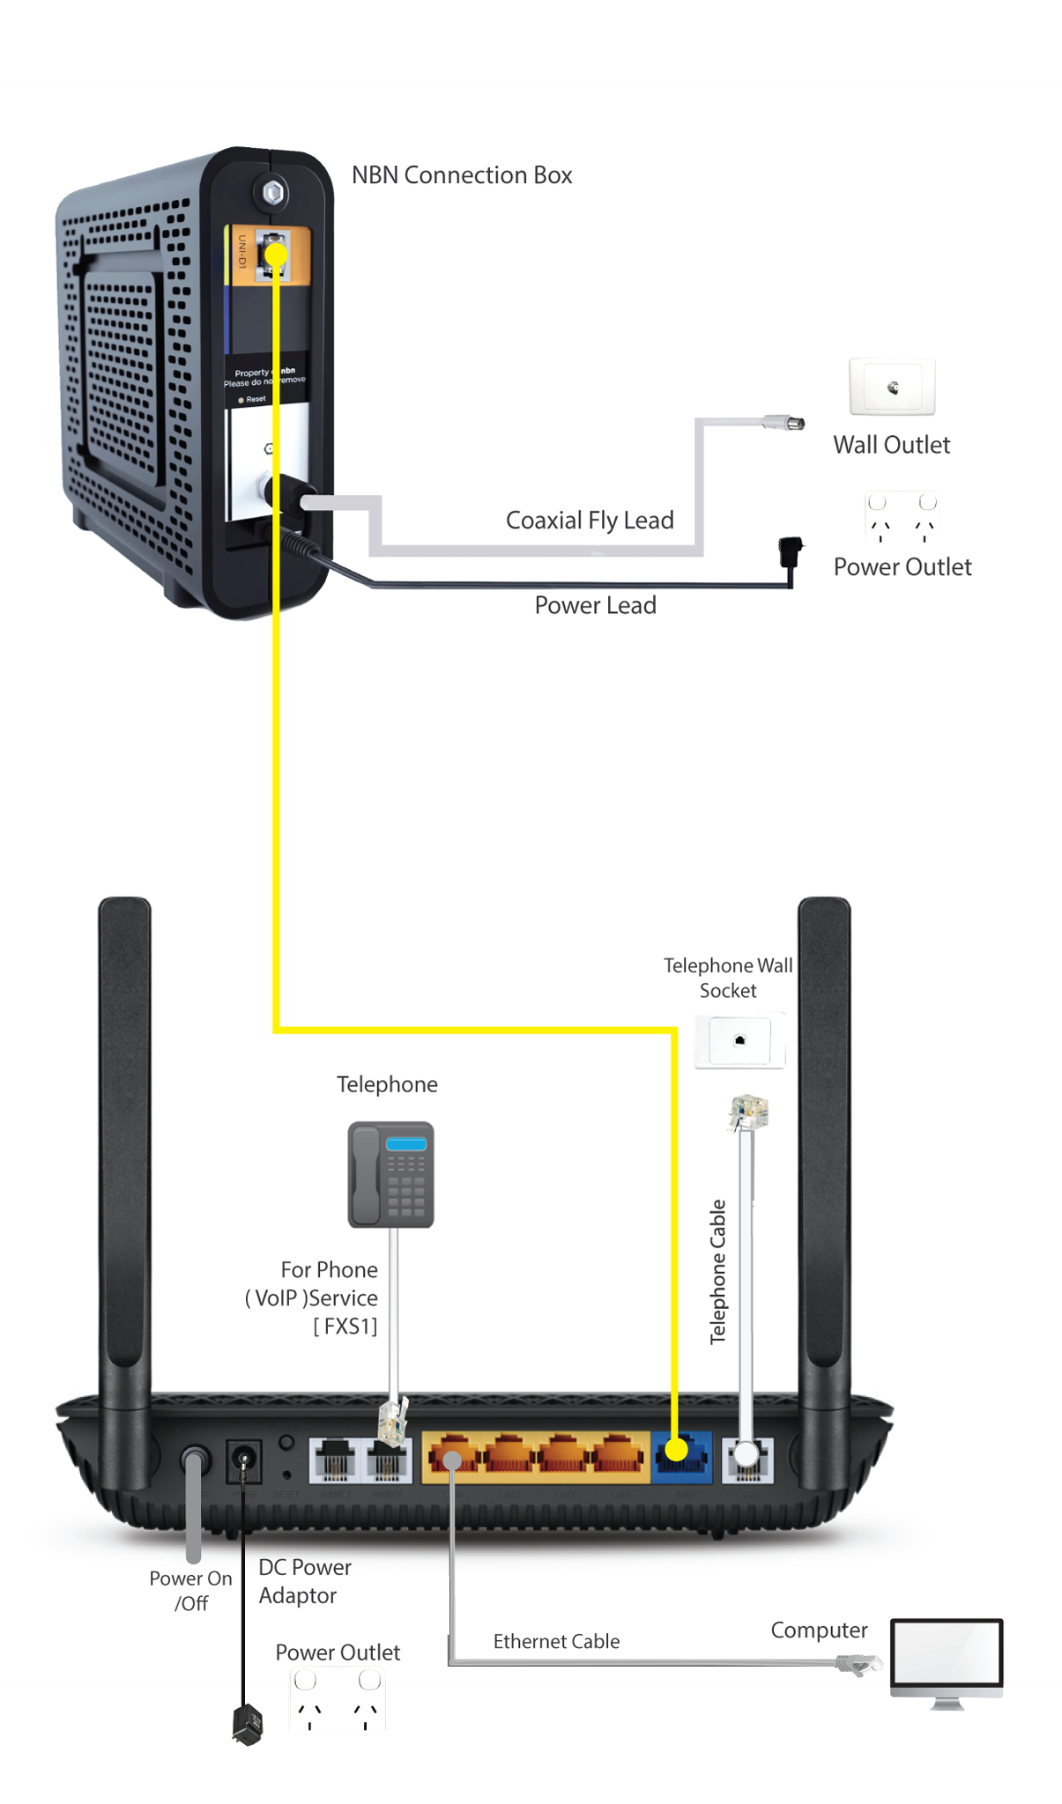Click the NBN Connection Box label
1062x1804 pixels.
[x=462, y=175]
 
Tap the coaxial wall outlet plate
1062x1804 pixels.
[x=892, y=387]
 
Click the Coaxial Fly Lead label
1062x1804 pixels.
[x=590, y=521]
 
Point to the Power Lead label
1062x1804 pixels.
[x=595, y=605]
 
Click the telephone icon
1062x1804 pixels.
[x=390, y=1174]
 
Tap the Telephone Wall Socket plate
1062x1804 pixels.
[x=739, y=1041]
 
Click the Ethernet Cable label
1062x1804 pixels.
[x=556, y=1641]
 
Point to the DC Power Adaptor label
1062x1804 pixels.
[x=304, y=1581]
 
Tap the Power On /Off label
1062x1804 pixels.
[x=190, y=1590]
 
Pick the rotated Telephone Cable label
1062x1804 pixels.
[x=718, y=1271]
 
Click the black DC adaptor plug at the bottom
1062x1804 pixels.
[x=248, y=1724]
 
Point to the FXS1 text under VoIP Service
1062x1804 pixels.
[x=345, y=1326]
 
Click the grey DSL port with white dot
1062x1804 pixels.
[x=747, y=1458]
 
